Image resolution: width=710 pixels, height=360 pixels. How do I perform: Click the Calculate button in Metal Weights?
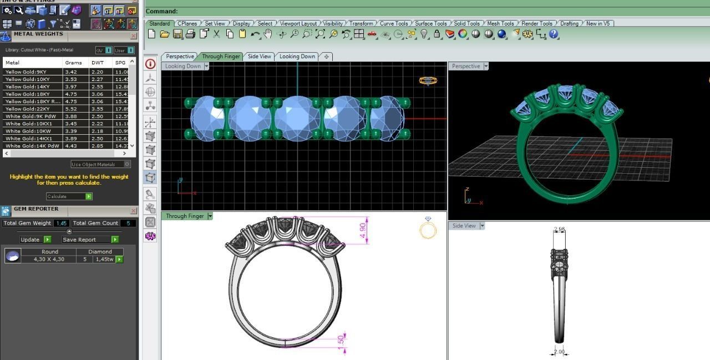point(69,196)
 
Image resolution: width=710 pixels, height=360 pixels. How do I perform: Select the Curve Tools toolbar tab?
point(394,23)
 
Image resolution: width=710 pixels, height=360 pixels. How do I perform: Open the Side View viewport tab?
point(260,56)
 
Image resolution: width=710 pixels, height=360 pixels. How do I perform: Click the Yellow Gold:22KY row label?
point(25,109)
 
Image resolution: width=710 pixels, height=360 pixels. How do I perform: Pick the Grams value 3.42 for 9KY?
point(71,72)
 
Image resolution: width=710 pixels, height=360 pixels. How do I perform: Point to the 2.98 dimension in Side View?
point(559,230)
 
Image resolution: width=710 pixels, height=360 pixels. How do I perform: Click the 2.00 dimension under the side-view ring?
point(559,352)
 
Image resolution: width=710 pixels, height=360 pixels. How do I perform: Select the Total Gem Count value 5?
point(128,223)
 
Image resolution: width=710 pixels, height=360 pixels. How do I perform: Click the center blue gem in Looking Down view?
point(297,118)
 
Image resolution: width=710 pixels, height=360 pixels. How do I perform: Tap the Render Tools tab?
point(537,23)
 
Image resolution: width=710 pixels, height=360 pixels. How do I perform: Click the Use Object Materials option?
point(100,164)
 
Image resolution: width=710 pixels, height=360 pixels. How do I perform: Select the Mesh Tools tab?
point(500,23)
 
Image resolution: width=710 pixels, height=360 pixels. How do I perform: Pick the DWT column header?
point(98,63)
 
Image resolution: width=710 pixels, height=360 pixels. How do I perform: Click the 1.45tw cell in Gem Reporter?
point(104,259)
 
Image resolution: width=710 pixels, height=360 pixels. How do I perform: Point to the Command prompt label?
point(161,11)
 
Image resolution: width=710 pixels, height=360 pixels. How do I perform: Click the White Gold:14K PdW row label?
point(32,146)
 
